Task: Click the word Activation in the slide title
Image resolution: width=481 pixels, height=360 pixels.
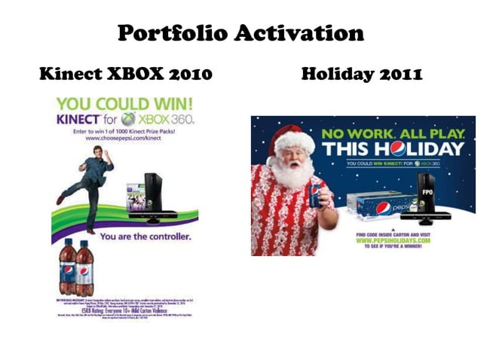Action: coord(298,33)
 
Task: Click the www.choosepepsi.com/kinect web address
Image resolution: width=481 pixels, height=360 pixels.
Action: coord(124,139)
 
